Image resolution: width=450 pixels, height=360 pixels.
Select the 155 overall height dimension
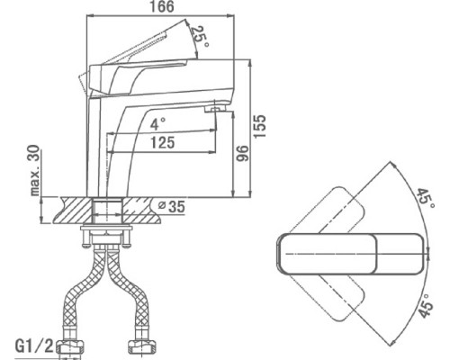[x=260, y=126]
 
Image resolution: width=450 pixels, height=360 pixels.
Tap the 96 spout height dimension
[x=242, y=153]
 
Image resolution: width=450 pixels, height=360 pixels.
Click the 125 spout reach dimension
[x=162, y=142]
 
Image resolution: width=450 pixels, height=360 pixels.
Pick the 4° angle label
[x=157, y=124]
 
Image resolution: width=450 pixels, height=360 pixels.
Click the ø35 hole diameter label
[x=172, y=206]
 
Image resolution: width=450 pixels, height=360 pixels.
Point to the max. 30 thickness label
[x=35, y=170]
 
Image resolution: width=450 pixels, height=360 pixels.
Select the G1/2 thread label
[x=34, y=346]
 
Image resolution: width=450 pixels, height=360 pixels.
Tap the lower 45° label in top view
[x=427, y=305]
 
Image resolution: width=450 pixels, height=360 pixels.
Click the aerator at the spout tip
[x=214, y=110]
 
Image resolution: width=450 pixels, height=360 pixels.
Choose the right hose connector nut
[x=142, y=347]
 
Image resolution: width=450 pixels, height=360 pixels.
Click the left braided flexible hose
[x=84, y=287]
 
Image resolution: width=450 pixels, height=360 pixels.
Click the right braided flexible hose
[x=128, y=287]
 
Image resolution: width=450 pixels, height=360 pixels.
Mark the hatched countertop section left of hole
[x=73, y=210]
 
